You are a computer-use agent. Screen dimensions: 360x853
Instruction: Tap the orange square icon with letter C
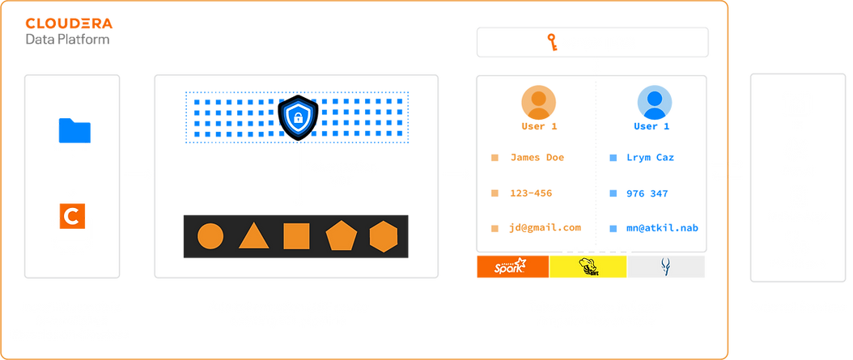point(73,217)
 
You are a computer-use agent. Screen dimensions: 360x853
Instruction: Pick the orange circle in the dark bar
point(210,235)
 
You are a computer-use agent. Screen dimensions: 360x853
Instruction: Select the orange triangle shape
point(253,235)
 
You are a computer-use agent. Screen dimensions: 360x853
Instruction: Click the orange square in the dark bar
point(297,235)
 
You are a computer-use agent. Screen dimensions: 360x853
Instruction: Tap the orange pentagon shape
point(342,235)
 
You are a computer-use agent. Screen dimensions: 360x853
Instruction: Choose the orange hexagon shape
point(384,235)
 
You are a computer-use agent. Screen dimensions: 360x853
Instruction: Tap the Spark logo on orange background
point(511,267)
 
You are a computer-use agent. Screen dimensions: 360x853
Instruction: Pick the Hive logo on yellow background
point(588,267)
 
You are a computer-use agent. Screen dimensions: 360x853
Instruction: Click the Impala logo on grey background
point(668,267)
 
